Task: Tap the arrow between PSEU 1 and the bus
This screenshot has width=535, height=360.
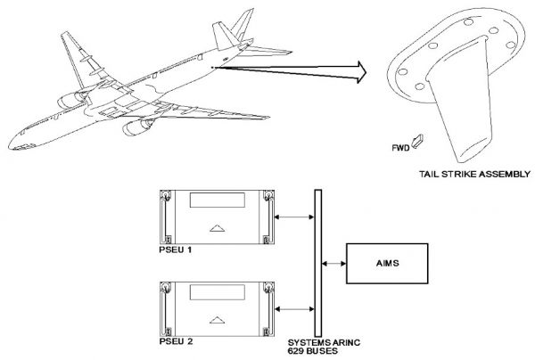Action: [292, 216]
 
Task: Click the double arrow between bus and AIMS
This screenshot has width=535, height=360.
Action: [334, 263]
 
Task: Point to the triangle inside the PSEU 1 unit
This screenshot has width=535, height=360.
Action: [214, 229]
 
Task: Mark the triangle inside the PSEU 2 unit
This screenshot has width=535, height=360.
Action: [214, 318]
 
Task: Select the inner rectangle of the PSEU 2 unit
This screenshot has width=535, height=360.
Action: [214, 292]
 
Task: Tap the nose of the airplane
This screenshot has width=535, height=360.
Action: [11, 146]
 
